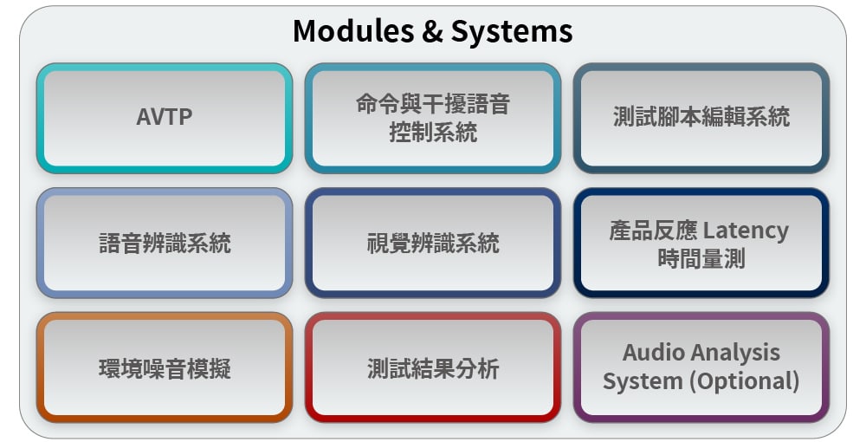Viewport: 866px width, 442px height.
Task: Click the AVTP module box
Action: tap(165, 118)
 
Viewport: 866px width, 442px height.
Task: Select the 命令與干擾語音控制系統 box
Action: tap(433, 118)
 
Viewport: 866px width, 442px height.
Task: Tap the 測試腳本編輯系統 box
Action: tap(701, 118)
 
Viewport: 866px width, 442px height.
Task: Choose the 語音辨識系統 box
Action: tap(165, 243)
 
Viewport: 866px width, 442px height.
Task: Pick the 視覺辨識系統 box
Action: tap(433, 243)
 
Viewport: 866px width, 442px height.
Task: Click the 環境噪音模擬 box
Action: tap(165, 367)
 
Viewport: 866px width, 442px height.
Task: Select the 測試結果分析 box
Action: tap(433, 367)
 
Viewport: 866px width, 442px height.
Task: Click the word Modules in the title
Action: tap(353, 31)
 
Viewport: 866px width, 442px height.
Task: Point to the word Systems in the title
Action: tap(512, 32)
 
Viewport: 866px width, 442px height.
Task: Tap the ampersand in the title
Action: tap(432, 31)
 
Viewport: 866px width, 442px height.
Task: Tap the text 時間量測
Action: tap(701, 258)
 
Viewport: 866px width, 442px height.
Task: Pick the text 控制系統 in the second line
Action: tap(433, 133)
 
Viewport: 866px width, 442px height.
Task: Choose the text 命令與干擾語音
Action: tap(433, 104)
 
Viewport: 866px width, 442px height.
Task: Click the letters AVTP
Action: tap(165, 117)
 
